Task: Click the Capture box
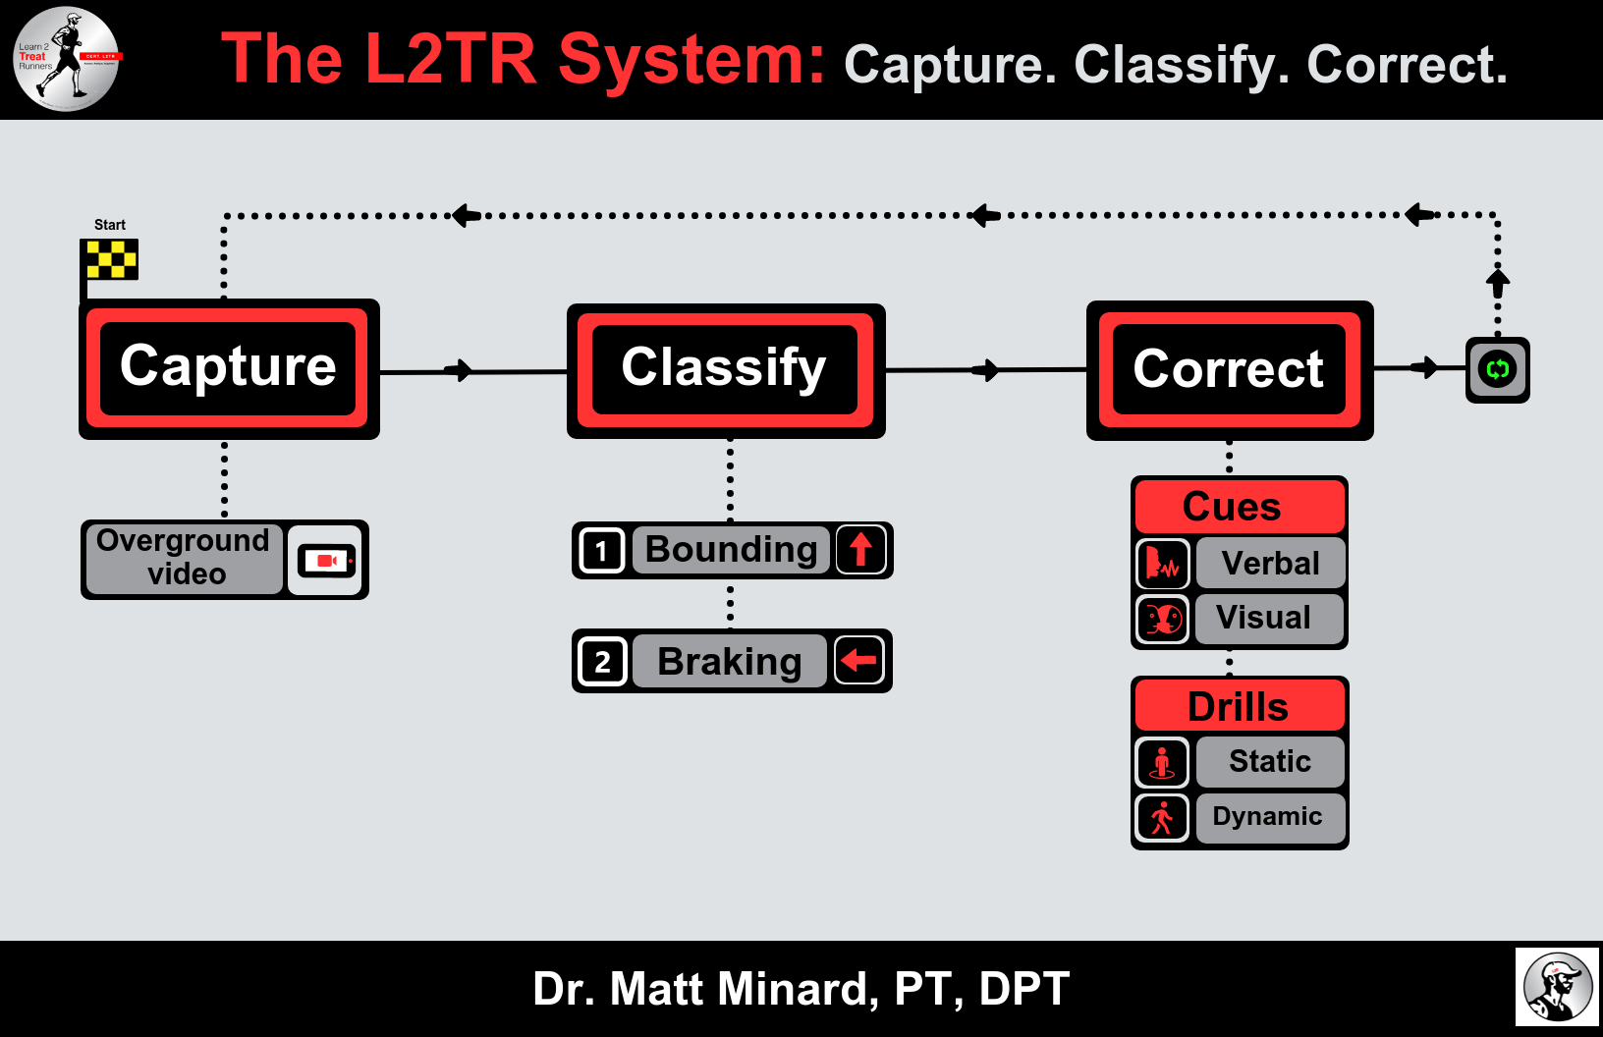coord(228,368)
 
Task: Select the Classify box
coord(725,370)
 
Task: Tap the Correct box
coord(1229,370)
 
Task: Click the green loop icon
coord(1497,369)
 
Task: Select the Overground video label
coord(184,558)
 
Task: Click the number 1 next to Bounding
coord(601,550)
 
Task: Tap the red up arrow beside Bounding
coord(861,549)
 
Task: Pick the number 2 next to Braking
coord(602,662)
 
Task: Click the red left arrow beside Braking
coord(859,660)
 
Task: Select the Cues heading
coord(1233,507)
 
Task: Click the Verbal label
coord(1270,563)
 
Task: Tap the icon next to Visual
coord(1163,619)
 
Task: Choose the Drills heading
coord(1238,706)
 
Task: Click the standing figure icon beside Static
coord(1162,762)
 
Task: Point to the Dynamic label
coord(1268,817)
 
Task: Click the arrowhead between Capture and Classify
coord(460,370)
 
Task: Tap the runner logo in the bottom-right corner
coord(1557,987)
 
